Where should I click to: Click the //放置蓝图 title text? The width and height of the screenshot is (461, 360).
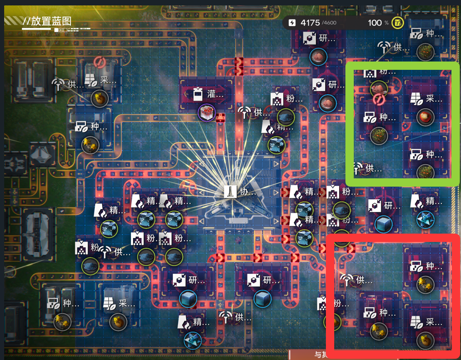(x=47, y=21)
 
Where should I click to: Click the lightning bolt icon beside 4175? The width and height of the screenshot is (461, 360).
(x=292, y=22)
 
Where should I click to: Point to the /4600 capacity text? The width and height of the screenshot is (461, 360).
(x=329, y=23)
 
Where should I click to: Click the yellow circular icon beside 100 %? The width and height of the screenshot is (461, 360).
(x=398, y=22)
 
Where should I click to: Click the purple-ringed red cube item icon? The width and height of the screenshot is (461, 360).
(x=207, y=113)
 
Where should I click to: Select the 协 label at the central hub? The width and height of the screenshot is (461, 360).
(x=244, y=192)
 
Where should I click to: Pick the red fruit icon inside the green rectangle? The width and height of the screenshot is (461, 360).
(x=425, y=117)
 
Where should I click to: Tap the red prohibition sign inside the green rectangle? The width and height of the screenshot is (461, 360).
(x=378, y=99)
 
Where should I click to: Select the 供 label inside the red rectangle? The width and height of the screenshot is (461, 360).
(x=365, y=280)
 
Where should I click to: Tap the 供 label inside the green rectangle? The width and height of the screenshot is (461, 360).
(x=372, y=168)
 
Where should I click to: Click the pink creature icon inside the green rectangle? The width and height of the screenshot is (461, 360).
(x=378, y=87)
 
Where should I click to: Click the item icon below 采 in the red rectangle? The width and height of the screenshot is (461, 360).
(x=425, y=340)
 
